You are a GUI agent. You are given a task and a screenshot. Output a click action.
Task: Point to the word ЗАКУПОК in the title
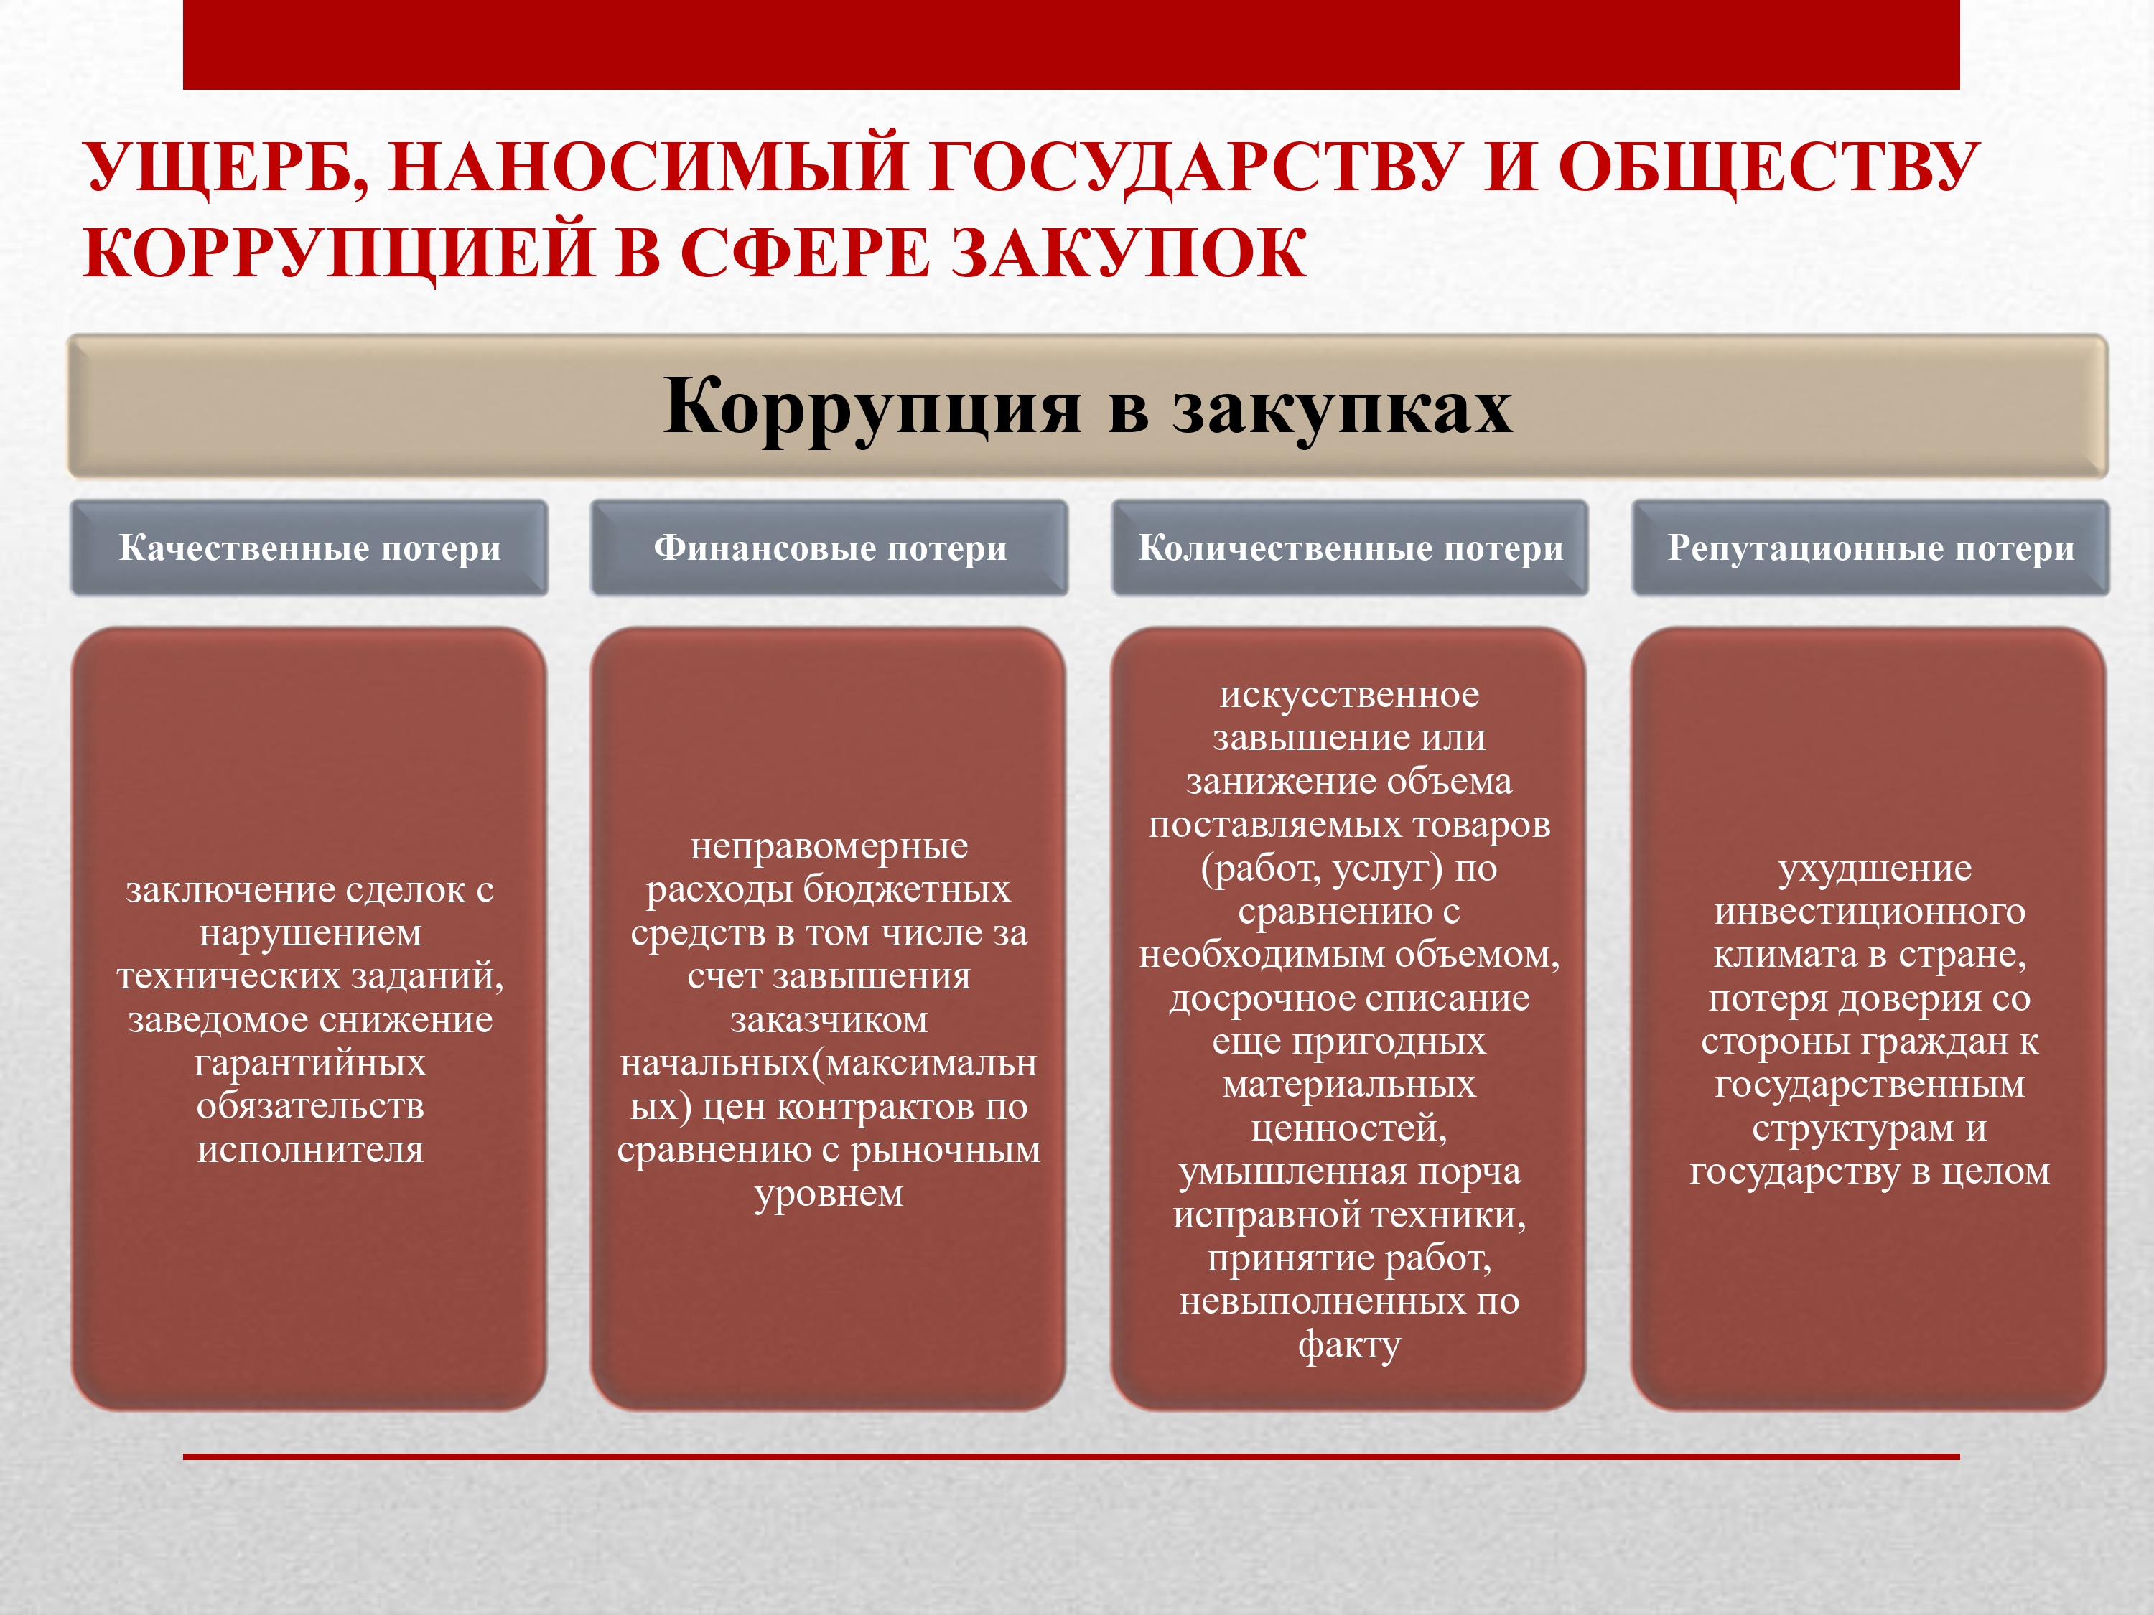click(x=1128, y=253)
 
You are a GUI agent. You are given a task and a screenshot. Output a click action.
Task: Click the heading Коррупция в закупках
click(x=1087, y=406)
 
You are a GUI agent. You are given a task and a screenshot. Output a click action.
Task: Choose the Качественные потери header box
click(x=309, y=548)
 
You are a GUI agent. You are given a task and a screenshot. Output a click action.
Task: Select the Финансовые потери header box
click(x=830, y=548)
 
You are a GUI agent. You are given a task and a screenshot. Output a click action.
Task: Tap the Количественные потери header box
click(x=1350, y=548)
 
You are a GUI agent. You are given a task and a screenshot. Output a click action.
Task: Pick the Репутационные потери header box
click(x=1870, y=548)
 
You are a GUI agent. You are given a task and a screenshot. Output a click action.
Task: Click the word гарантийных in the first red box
click(x=309, y=1063)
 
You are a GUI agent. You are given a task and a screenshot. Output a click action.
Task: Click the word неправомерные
click(x=830, y=847)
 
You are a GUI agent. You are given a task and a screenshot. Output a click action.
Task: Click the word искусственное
click(x=1350, y=695)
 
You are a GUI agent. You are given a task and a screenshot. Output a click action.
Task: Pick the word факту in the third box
click(x=1350, y=1345)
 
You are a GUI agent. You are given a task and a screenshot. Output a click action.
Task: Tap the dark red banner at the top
click(x=1071, y=45)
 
